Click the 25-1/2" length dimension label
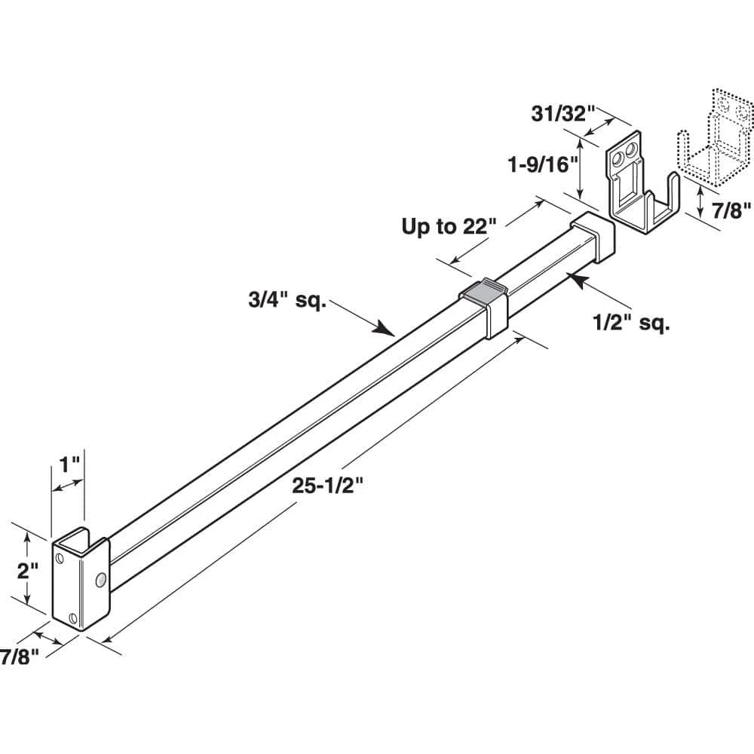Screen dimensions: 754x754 329,487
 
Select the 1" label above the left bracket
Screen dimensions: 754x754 69,462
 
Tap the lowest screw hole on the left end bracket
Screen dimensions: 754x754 73,618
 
